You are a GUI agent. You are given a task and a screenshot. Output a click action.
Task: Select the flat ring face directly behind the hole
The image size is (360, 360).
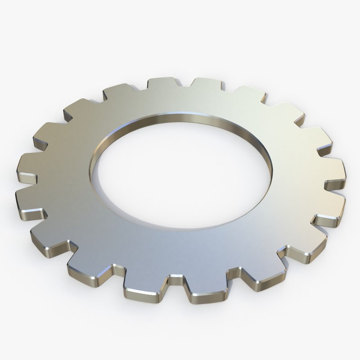[x=184, y=99]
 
